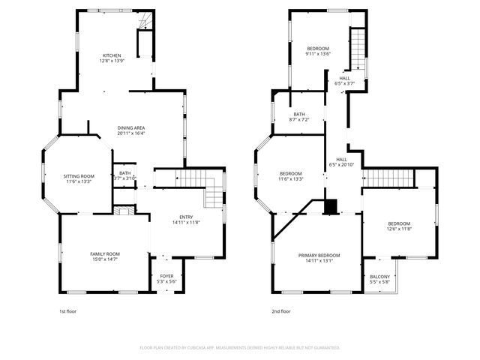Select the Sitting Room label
[x=78, y=178]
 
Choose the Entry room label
[x=186, y=219]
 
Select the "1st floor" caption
[x=67, y=310]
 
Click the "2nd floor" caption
[x=280, y=310]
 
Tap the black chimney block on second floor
[x=331, y=206]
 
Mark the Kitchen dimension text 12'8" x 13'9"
[x=112, y=61]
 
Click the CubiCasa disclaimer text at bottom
[x=240, y=348]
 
